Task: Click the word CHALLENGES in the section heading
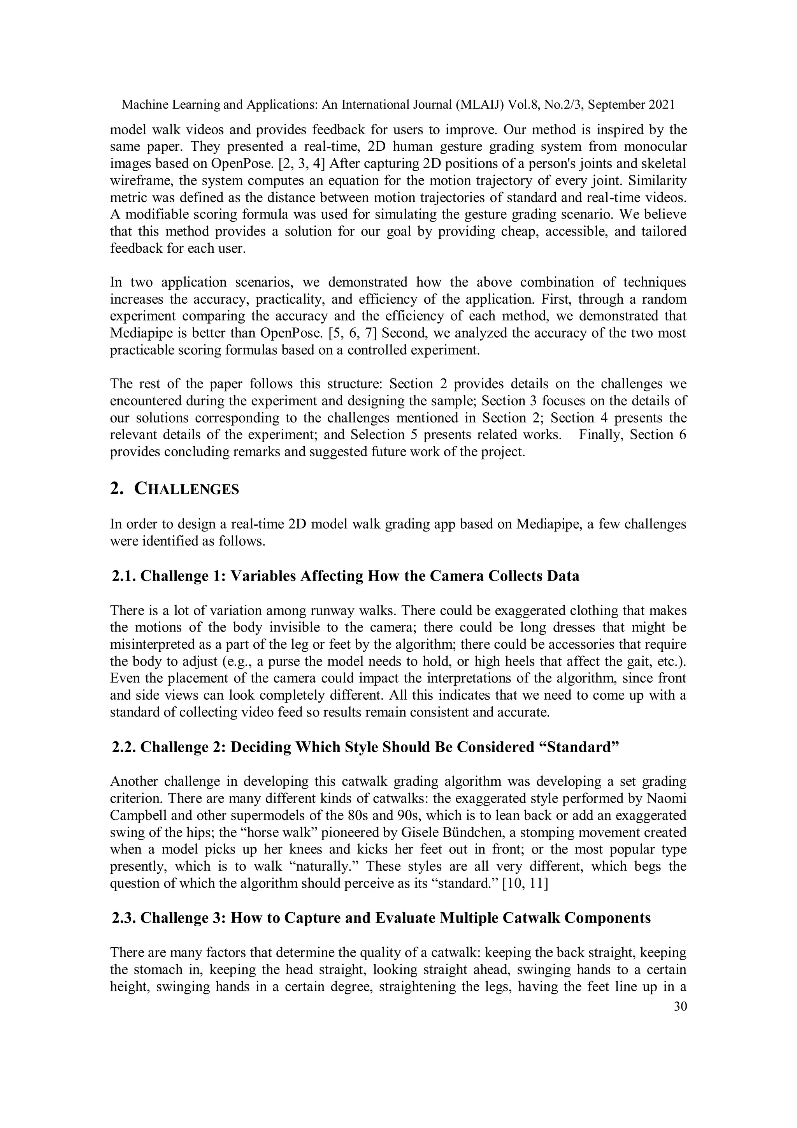pyautogui.click(x=187, y=489)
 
